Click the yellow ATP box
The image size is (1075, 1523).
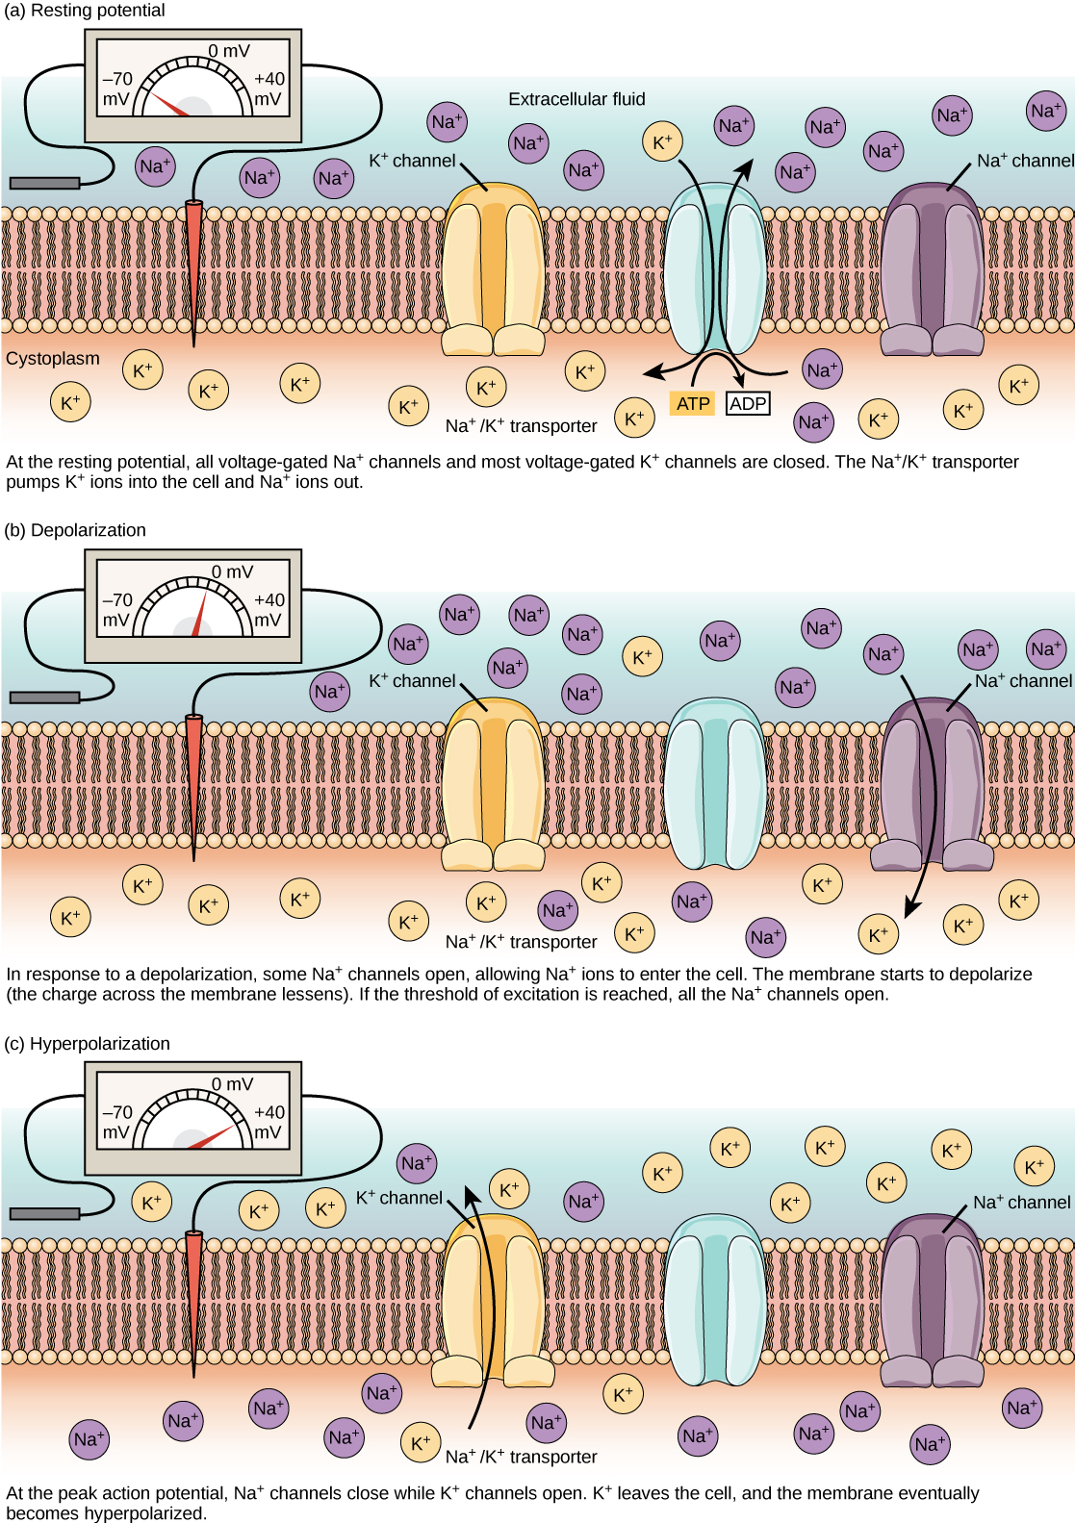tap(692, 403)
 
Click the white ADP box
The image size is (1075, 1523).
tap(748, 403)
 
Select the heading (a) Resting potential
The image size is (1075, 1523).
tap(85, 11)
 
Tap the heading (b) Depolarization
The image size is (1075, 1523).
tap(75, 530)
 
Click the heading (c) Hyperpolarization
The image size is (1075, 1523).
tap(87, 1044)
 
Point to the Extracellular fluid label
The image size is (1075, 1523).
tap(576, 99)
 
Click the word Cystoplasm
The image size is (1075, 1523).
tap(53, 359)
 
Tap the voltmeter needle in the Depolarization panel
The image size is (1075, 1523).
tap(200, 616)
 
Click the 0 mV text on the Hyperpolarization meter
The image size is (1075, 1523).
tap(232, 1084)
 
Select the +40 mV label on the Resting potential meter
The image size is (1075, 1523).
tap(269, 89)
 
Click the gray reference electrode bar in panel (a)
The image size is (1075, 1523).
tap(44, 183)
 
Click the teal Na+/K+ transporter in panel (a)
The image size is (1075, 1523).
tap(715, 269)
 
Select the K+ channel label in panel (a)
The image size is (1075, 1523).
tap(412, 161)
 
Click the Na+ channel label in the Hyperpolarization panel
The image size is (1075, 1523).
tap(1021, 1203)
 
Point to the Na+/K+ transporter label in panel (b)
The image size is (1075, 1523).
tap(521, 942)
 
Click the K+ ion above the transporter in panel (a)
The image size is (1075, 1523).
tap(662, 142)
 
